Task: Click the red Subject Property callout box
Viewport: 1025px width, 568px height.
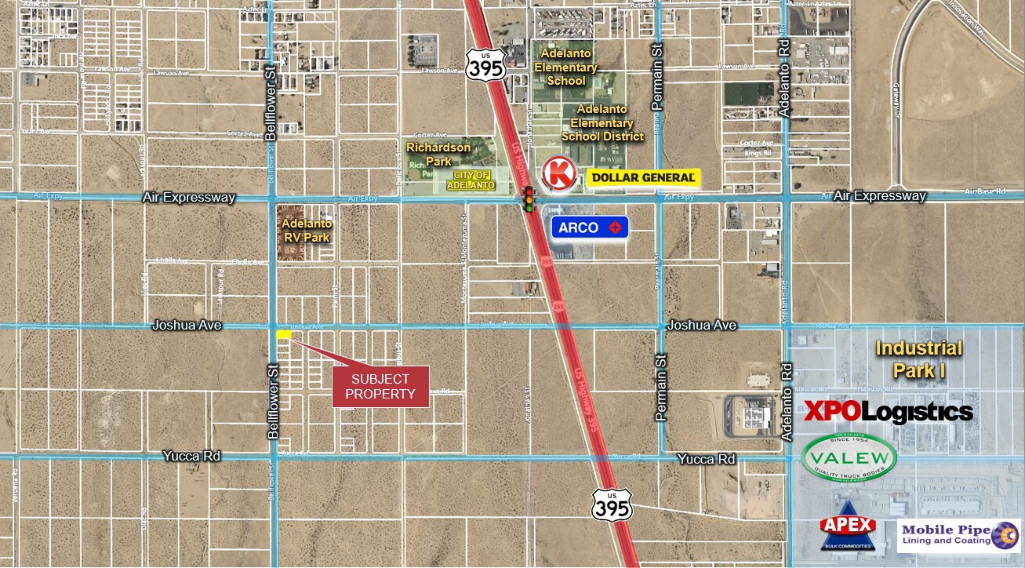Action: [x=380, y=386]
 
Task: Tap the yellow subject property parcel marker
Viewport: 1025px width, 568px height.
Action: [x=284, y=334]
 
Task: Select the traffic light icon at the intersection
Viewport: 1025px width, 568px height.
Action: [x=529, y=199]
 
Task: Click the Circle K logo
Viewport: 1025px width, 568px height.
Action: [x=560, y=173]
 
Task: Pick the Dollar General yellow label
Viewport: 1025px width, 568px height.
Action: [x=643, y=178]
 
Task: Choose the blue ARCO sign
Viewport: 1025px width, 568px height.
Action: [x=590, y=228]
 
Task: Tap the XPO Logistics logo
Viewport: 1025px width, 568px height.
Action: [x=888, y=411]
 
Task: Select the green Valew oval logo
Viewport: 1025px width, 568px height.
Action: [x=849, y=458]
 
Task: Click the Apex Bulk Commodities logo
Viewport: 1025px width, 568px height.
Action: [x=847, y=531]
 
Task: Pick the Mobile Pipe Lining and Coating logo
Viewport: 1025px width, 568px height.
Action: [x=958, y=536]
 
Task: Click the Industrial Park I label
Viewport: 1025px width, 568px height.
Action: [x=918, y=359]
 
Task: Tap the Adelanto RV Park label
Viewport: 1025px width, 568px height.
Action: [x=306, y=231]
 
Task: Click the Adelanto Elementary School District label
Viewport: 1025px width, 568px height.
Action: [x=602, y=123]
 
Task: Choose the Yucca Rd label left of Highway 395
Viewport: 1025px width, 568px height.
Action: [x=191, y=456]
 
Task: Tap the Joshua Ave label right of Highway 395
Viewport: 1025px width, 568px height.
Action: [x=702, y=325]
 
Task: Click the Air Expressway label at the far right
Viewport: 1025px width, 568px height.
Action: [x=879, y=196]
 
